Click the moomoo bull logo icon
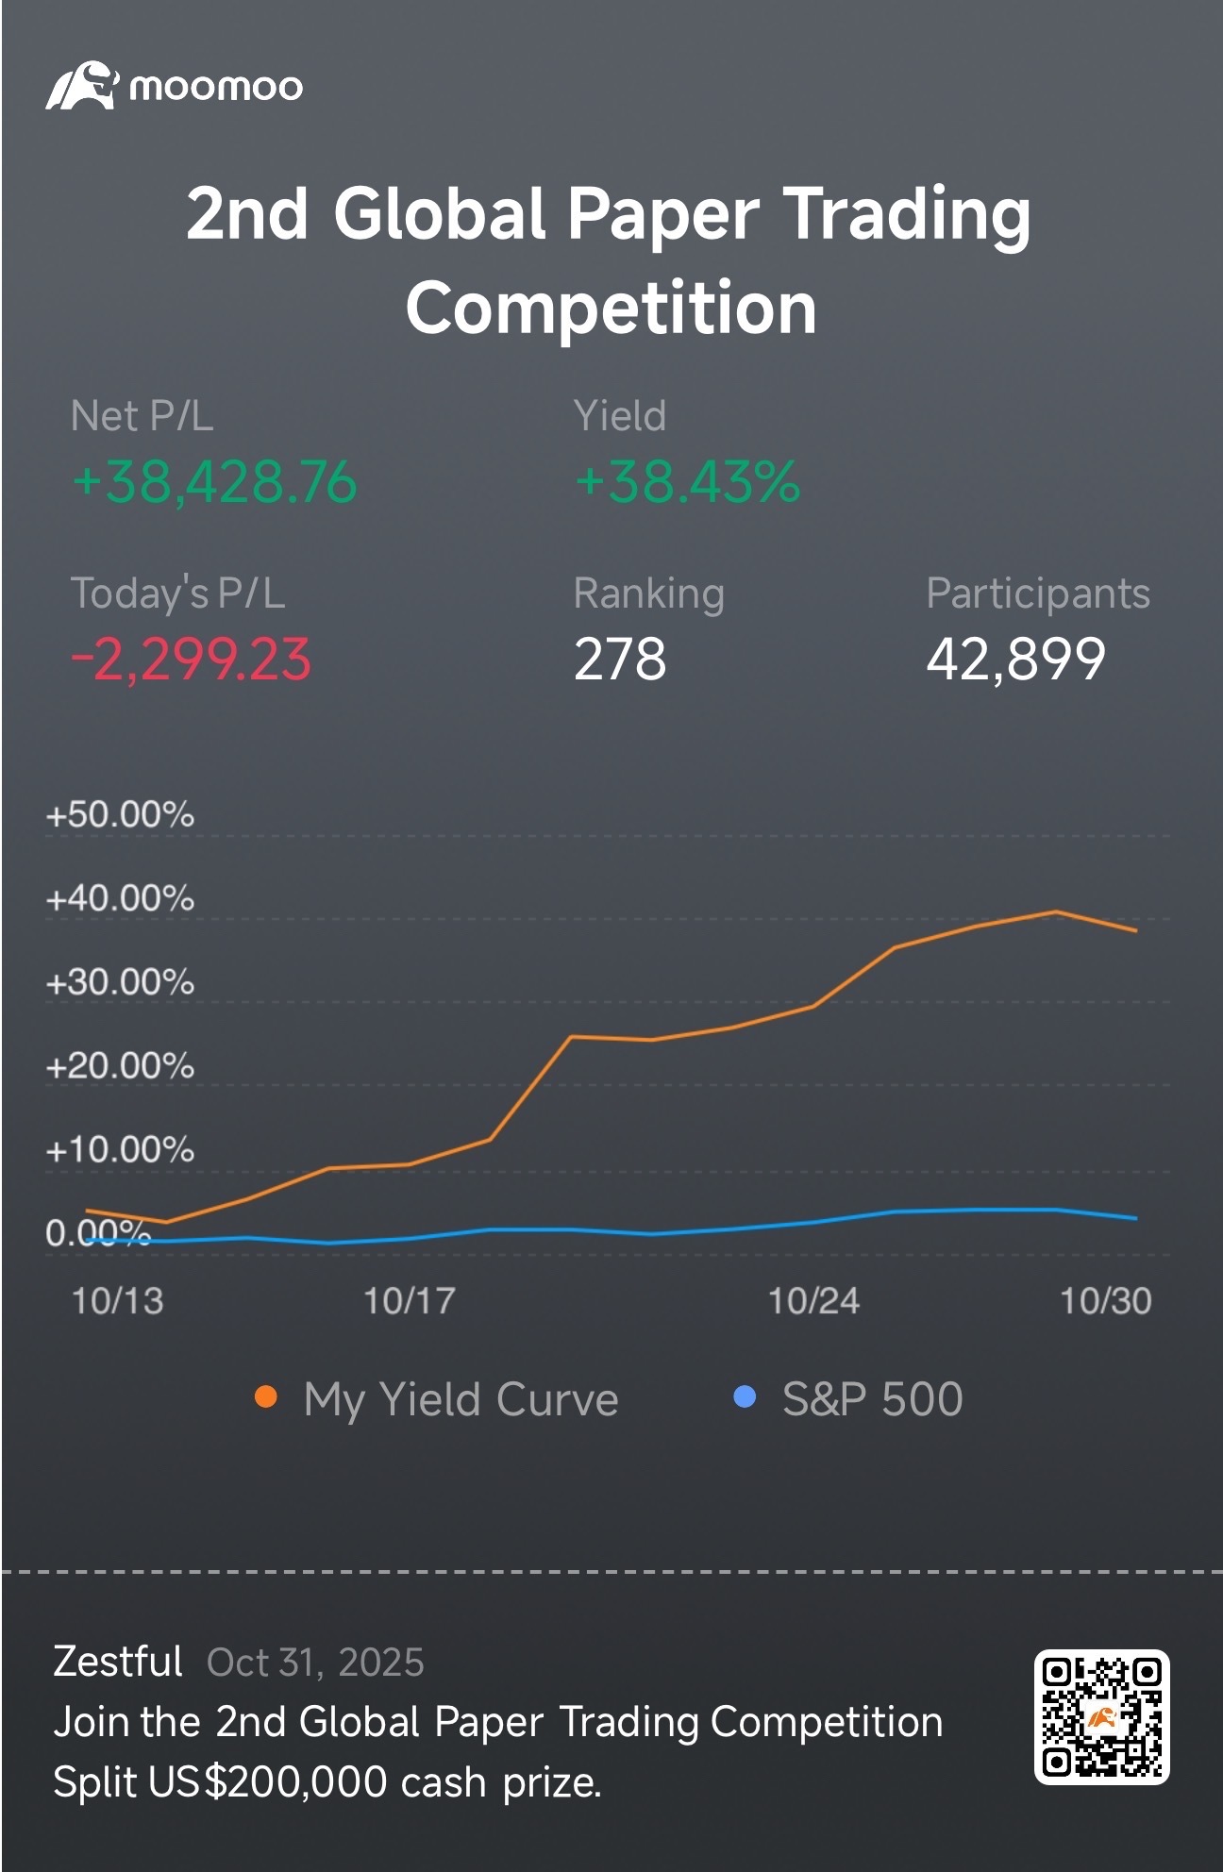[82, 86]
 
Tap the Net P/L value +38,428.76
[215, 482]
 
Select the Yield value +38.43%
[687, 482]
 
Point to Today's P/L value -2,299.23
[192, 659]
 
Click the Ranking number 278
[620, 659]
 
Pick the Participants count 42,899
[1015, 659]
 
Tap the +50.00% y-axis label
[120, 814]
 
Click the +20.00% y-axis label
[120, 1066]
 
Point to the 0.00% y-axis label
[98, 1233]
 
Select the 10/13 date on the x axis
[118, 1301]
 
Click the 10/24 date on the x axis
[813, 1301]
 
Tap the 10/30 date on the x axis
[1106, 1301]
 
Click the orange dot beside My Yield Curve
[266, 1397]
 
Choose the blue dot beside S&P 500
[745, 1397]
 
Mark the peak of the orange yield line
[1056, 911]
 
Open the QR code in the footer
[1102, 1717]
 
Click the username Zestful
[118, 1662]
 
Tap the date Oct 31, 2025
[315, 1663]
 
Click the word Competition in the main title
[611, 308]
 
